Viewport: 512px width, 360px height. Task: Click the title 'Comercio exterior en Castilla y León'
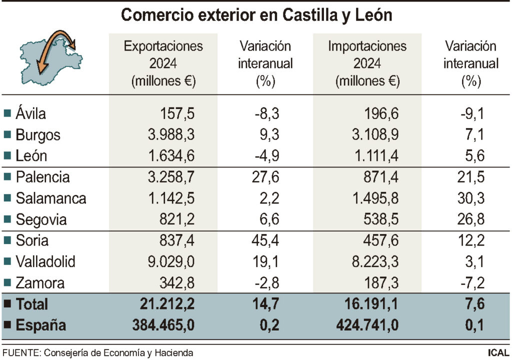point(256,15)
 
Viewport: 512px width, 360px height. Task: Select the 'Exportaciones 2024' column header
point(163,63)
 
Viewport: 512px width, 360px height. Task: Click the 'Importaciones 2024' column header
point(367,63)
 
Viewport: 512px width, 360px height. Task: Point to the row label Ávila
point(30,113)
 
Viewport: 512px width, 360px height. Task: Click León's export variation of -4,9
point(265,156)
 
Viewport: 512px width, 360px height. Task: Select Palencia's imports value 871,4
point(380,177)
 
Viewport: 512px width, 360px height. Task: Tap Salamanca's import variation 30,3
point(471,198)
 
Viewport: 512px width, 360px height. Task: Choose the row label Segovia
point(41,219)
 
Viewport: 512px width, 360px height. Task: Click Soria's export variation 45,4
point(265,240)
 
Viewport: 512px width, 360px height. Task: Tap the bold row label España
point(41,325)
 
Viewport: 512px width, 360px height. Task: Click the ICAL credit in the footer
point(498,353)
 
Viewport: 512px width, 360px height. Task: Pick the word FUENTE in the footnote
point(20,353)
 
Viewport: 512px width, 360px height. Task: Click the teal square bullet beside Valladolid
point(7,262)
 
